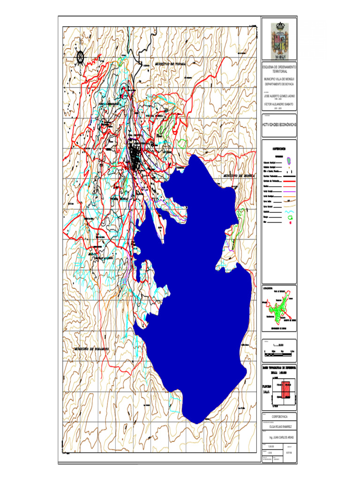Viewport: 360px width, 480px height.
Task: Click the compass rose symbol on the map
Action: coord(80,57)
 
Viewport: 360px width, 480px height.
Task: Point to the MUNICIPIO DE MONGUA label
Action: coord(239,175)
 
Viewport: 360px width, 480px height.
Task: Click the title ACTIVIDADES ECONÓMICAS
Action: coord(279,125)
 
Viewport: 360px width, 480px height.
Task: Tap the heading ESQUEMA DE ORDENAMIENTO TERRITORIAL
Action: coord(279,69)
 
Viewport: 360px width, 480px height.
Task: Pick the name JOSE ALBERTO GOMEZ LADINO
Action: coord(279,96)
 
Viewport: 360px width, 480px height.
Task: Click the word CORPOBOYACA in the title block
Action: coord(279,416)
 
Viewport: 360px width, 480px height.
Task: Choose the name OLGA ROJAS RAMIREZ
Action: coord(279,427)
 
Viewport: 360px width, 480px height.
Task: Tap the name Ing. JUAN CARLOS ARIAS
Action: coord(279,437)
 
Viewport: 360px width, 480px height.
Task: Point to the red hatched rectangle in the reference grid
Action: coord(285,389)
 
